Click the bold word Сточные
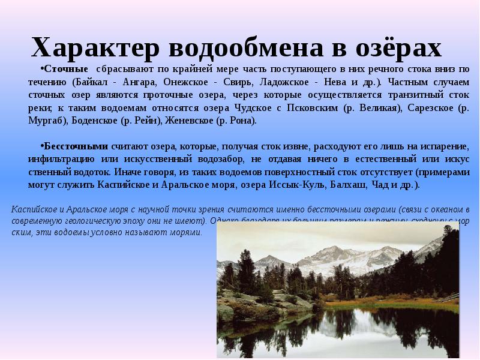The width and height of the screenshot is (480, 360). [65, 69]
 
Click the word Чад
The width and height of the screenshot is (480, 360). [380, 185]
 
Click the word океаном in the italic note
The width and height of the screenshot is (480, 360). [447, 209]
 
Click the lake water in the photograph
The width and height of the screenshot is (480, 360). [336, 327]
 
